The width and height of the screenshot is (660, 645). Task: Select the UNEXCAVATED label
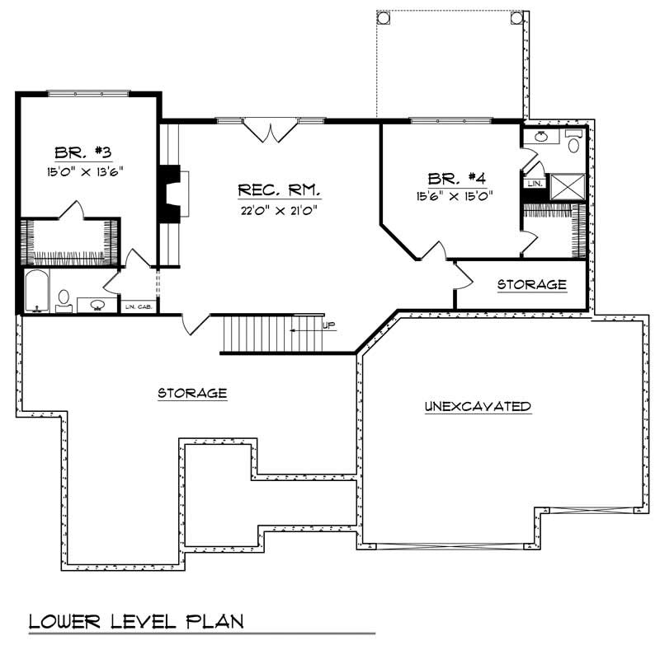pyautogui.click(x=477, y=406)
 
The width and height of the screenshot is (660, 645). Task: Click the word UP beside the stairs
pyautogui.click(x=329, y=325)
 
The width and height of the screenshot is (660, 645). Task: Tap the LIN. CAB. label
pyautogui.click(x=136, y=307)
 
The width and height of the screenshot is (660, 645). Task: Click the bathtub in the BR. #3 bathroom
pyautogui.click(x=35, y=292)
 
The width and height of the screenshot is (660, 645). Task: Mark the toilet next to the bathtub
pyautogui.click(x=64, y=298)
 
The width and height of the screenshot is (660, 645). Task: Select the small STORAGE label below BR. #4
pyautogui.click(x=531, y=285)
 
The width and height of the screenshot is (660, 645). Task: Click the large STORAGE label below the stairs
pyautogui.click(x=192, y=393)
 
